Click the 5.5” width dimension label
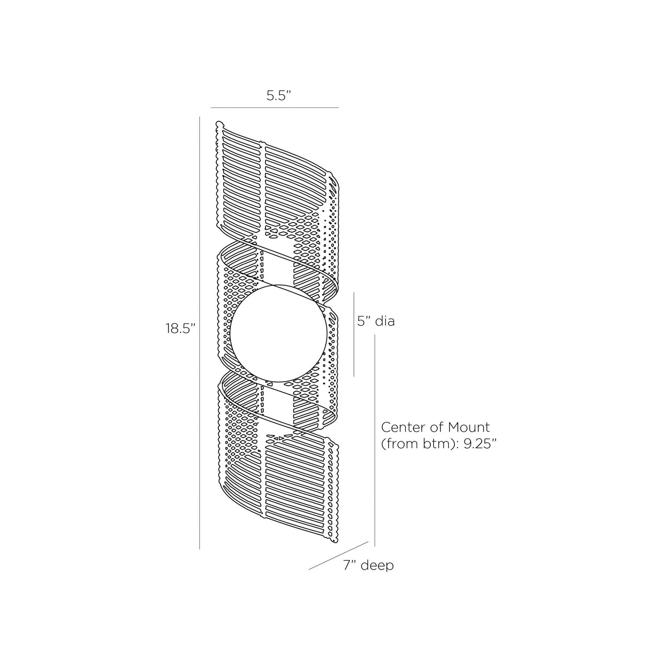[279, 96]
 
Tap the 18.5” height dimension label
[181, 328]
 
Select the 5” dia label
[376, 321]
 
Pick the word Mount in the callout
[469, 427]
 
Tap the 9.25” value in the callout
[480, 444]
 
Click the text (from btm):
[421, 444]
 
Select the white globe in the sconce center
[278, 333]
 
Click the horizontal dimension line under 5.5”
[275, 107]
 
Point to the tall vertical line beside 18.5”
[200, 333]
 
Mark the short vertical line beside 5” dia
[354, 334]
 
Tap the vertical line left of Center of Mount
[375, 440]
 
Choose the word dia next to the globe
[385, 321]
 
